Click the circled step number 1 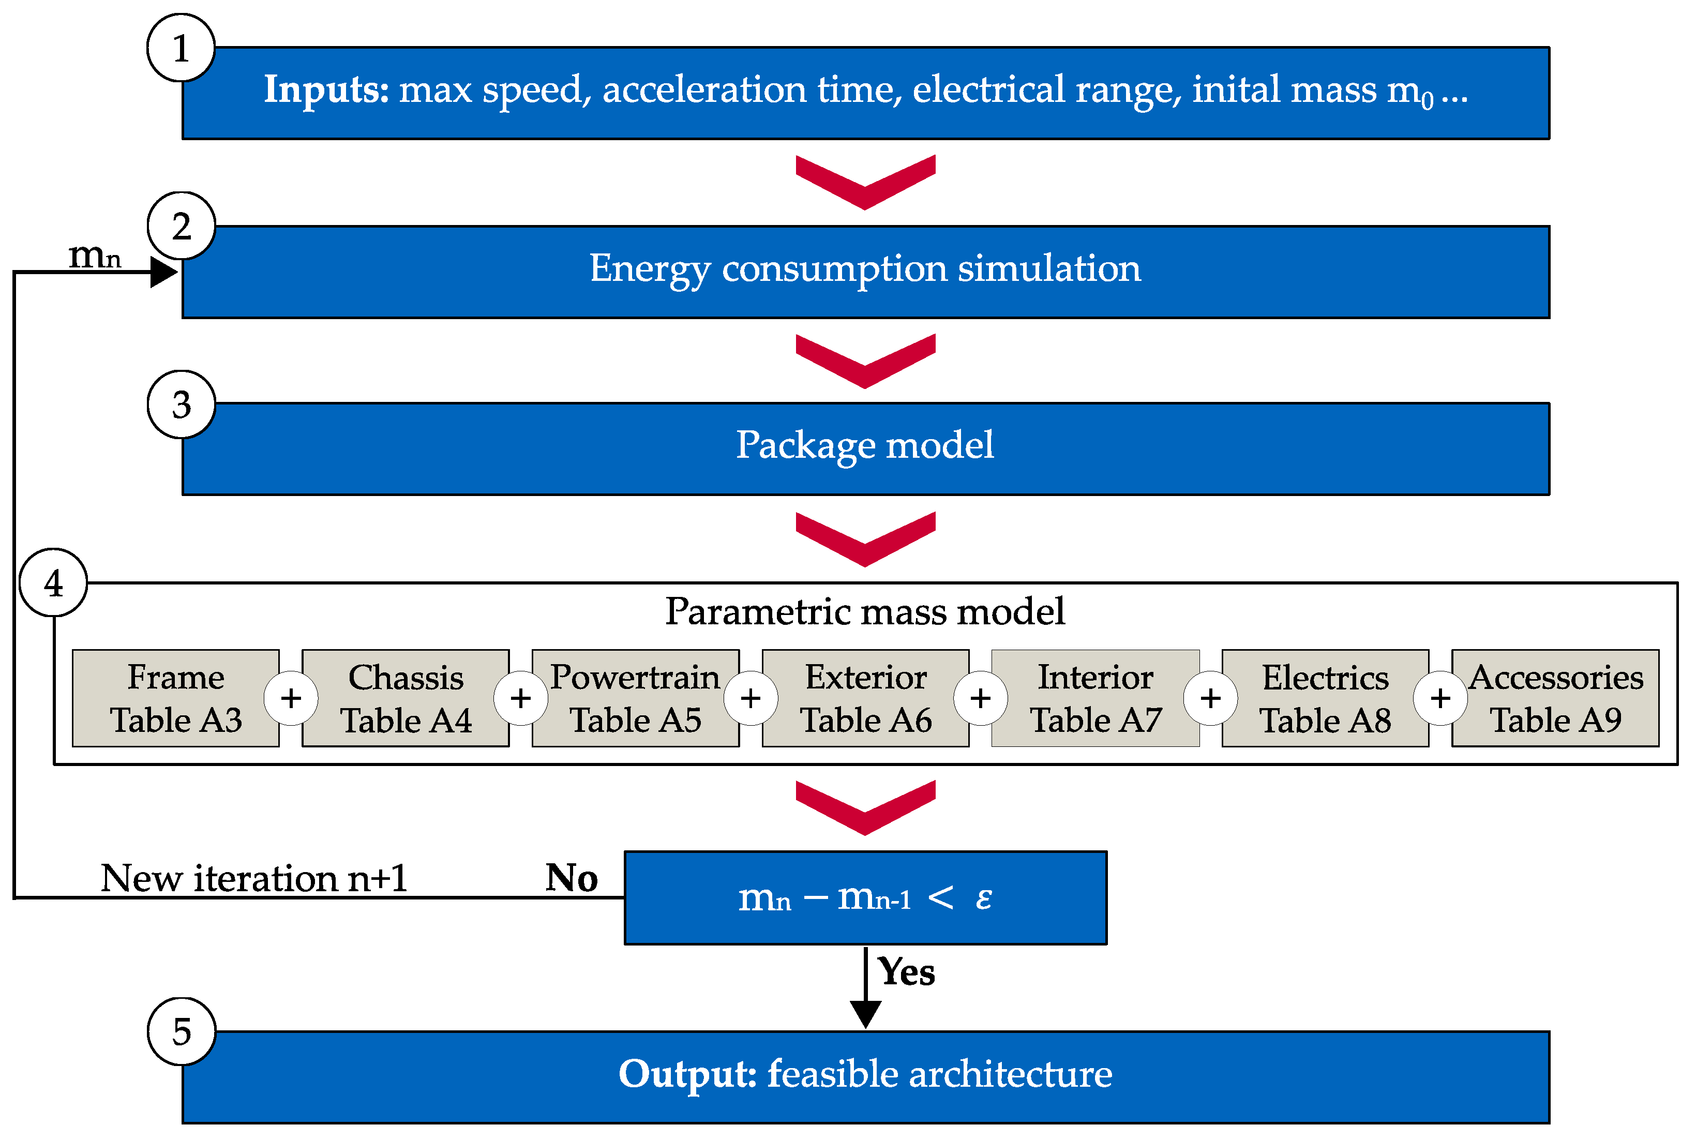coord(181,48)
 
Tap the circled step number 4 coord(54,583)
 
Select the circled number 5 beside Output coord(181,1031)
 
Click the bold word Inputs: coord(326,90)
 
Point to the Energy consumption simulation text coord(865,269)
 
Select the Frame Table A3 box coord(176,698)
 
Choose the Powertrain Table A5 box coord(635,698)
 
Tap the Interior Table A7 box coord(1095,698)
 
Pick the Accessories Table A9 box coord(1556,698)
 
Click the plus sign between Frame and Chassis coord(291,698)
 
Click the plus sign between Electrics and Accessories coord(1440,698)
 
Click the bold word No coord(572,878)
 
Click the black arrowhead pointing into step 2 coord(163,273)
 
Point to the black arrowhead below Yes coord(865,1013)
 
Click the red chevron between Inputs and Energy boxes coord(865,182)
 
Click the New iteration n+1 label coord(254,878)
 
